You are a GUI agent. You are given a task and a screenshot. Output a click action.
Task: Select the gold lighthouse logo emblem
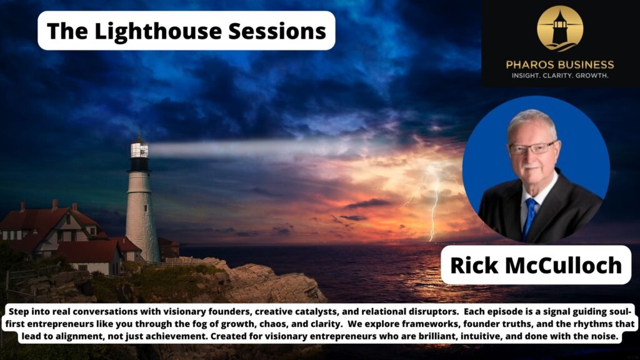(x=560, y=28)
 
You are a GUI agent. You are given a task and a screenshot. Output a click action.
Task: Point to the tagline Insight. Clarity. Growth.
(x=560, y=76)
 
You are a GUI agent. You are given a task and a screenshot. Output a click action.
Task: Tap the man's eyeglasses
(x=531, y=149)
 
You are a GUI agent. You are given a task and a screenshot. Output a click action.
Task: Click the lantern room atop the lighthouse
(x=139, y=149)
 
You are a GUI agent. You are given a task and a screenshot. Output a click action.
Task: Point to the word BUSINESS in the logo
(x=587, y=64)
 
